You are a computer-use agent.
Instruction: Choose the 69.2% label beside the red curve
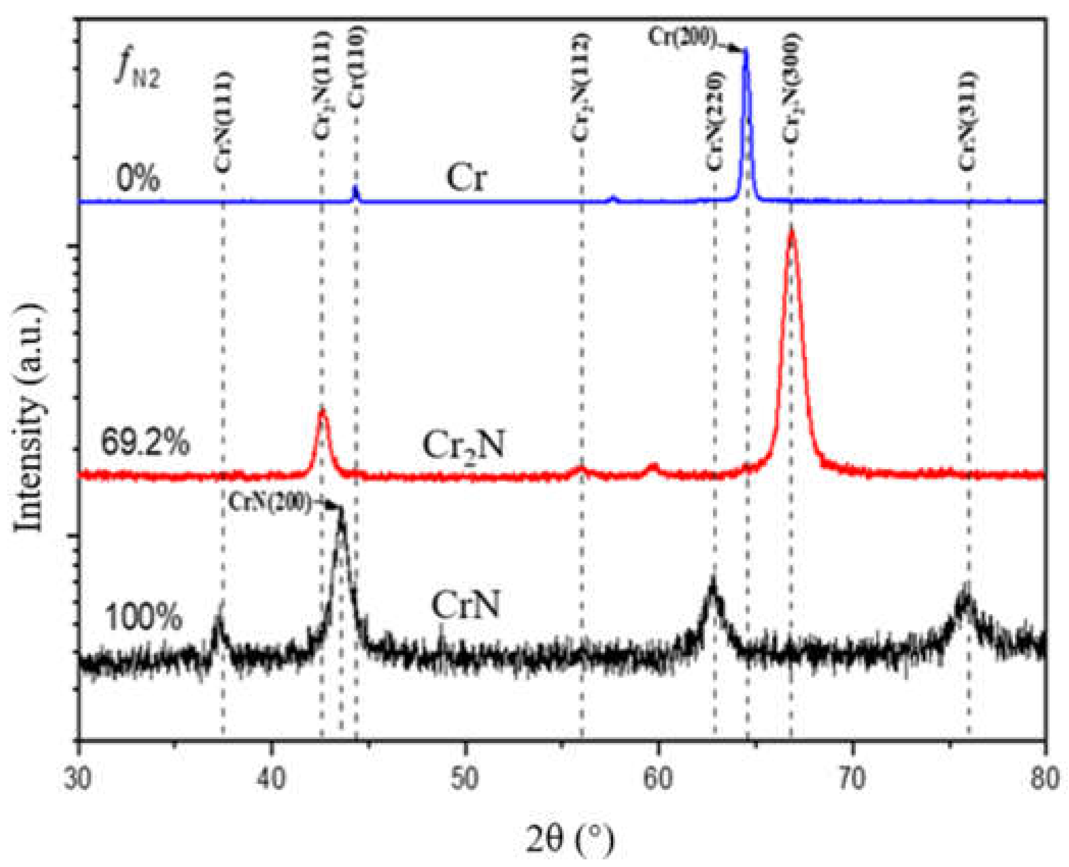[x=145, y=442]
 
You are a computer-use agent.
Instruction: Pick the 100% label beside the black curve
[x=143, y=617]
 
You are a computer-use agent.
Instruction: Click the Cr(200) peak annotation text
[x=682, y=37]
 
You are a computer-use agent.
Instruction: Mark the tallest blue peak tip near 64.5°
[x=746, y=49]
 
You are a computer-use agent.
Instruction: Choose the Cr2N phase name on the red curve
[x=463, y=445]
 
